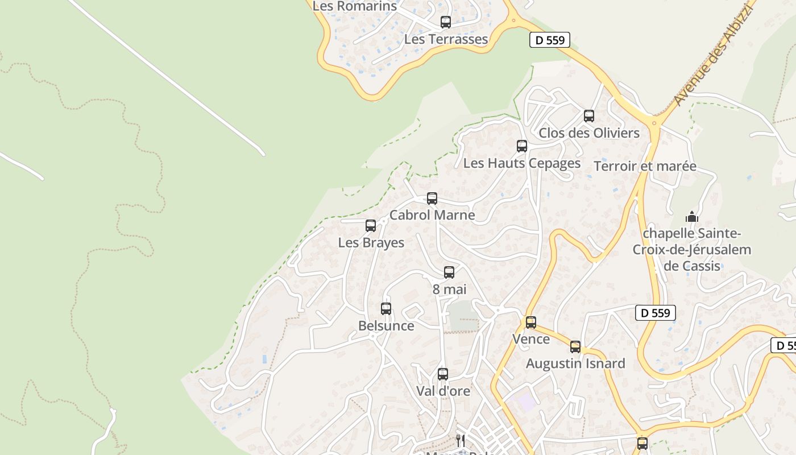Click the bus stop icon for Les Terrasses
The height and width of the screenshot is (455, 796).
(446, 22)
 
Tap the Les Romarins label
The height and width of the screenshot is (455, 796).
(355, 6)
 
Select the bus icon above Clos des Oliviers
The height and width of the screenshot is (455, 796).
(589, 116)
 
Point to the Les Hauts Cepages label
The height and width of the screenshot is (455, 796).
(522, 163)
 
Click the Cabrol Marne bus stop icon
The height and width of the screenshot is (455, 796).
(432, 198)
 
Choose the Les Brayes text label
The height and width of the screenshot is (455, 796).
(371, 243)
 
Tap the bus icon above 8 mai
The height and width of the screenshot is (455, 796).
(449, 272)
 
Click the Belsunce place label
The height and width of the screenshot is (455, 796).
(386, 326)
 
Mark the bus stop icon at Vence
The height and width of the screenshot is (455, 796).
(531, 322)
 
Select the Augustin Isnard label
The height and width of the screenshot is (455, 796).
(575, 363)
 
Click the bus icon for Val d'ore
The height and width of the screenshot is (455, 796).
(443, 374)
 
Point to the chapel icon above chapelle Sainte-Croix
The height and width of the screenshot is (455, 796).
(692, 217)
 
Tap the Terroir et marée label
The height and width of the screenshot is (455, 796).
(645, 166)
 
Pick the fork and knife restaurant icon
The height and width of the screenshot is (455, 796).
(461, 441)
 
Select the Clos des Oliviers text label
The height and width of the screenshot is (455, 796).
(589, 133)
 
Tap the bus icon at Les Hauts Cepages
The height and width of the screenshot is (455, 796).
(522, 146)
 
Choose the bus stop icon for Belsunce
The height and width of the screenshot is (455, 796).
(386, 309)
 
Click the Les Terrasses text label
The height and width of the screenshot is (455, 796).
(446, 39)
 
